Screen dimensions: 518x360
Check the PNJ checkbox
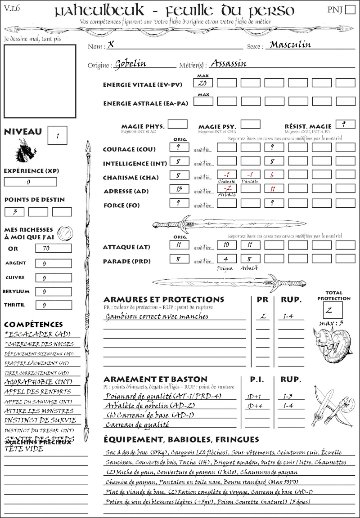pos(349,10)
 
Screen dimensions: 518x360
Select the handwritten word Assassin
pos(229,63)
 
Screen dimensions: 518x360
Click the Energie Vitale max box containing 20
pos(203,83)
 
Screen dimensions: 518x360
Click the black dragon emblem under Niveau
pos(25,151)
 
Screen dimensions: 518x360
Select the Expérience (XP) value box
pos(30,182)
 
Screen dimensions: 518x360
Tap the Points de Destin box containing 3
pos(14,211)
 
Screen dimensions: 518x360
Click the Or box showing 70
pos(53,248)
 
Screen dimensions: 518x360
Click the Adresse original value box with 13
pos(179,189)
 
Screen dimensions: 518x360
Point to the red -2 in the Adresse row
pos(228,189)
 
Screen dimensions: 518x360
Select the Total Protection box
pos(333,310)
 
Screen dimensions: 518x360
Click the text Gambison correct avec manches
pos(157,316)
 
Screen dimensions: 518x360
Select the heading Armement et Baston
pos(155,379)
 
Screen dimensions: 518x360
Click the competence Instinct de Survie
pos(40,420)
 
